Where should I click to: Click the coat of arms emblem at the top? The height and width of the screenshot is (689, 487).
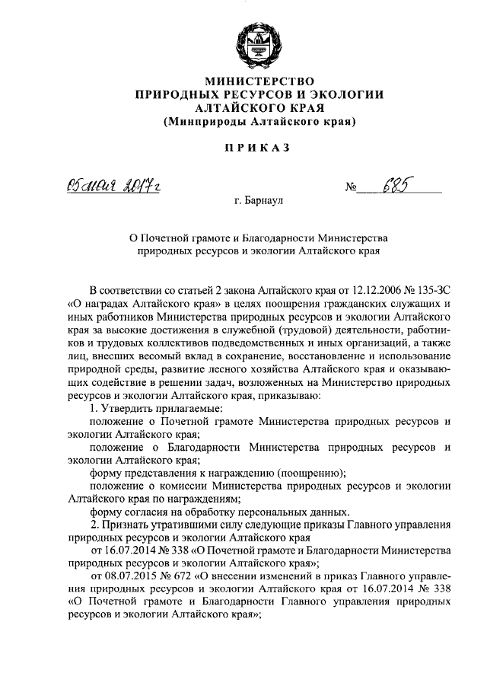pos(258,43)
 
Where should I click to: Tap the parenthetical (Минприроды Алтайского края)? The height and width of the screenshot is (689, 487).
pos(259,121)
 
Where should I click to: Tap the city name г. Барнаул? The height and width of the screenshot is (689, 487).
pos(258,203)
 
